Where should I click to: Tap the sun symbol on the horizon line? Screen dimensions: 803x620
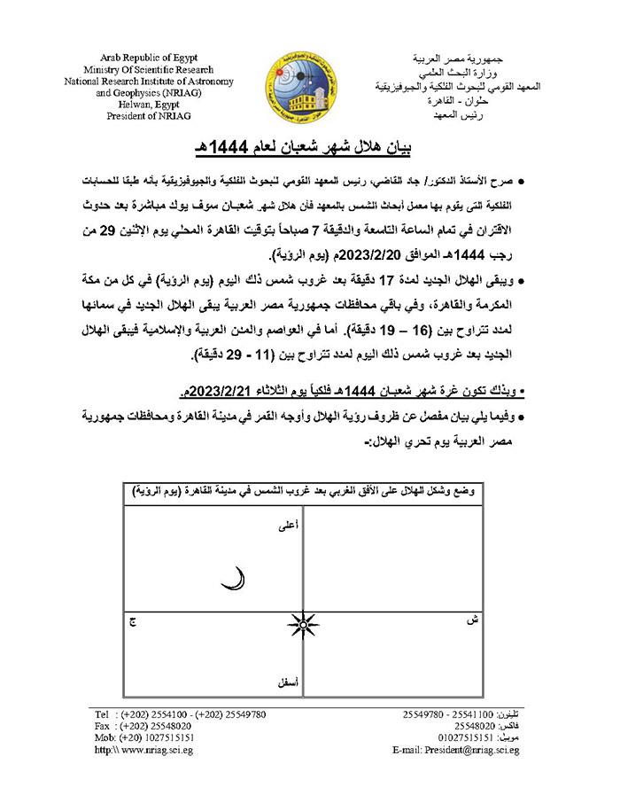click(303, 627)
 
